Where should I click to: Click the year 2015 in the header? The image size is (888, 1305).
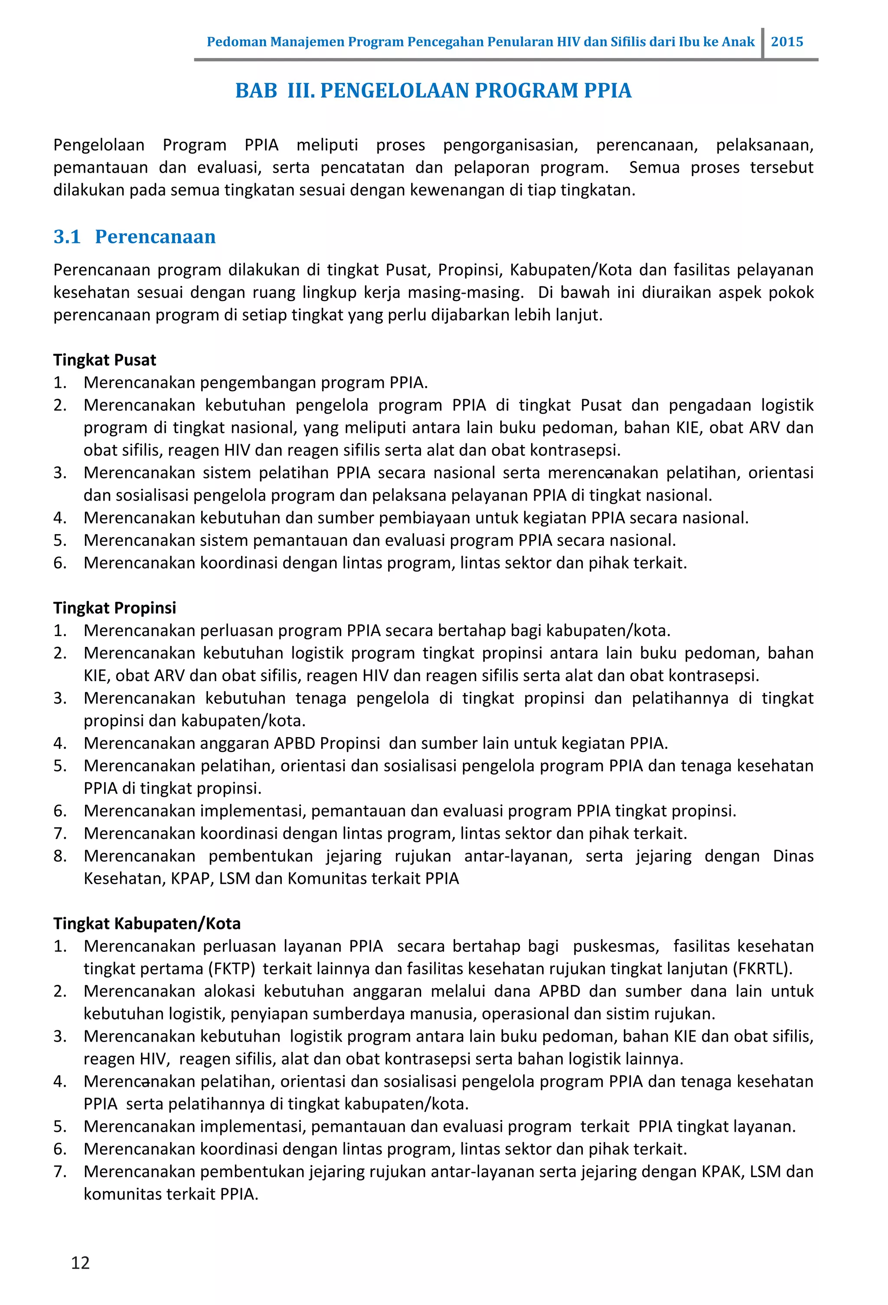787,42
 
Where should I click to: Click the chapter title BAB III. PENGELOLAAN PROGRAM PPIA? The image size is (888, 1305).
433,90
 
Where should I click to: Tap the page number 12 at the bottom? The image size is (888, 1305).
80,1262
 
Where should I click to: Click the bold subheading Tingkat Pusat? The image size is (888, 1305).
104,360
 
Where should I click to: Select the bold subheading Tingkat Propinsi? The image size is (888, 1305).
114,607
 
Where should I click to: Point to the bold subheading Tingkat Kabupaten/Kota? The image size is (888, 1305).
147,923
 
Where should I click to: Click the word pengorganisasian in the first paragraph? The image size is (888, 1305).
510,145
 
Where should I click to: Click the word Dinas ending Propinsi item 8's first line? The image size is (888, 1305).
793,856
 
